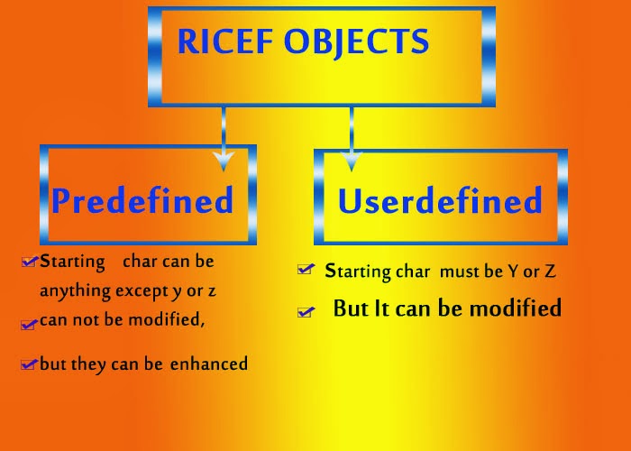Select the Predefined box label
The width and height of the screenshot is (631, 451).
[x=142, y=199]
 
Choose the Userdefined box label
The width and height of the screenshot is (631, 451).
[x=440, y=200]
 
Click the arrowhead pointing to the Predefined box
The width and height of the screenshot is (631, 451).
[x=223, y=160]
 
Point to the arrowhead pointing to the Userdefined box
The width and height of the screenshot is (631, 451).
[x=351, y=162]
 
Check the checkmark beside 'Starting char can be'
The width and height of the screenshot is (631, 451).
[x=30, y=262]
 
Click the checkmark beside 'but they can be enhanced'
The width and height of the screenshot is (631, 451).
[x=30, y=364]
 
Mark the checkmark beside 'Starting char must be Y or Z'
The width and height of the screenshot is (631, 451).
[x=306, y=270]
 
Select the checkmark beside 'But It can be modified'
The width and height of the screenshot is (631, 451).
[x=306, y=311]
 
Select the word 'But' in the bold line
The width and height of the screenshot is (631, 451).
[x=350, y=308]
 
